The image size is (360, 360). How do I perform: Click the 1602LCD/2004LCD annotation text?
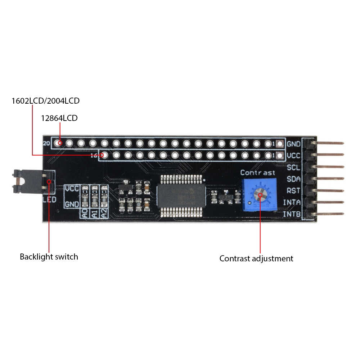pos(45,101)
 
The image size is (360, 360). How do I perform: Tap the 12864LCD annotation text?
pos(59,118)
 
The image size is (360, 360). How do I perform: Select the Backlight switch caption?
pos(49,257)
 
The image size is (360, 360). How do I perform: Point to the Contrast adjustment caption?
pos(256,258)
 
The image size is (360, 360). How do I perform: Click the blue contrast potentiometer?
pos(259,195)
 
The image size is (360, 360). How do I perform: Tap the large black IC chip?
pos(181,196)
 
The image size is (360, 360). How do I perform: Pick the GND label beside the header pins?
pos(293,144)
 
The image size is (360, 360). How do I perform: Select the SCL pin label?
pos(294,167)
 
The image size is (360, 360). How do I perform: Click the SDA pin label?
pos(294,179)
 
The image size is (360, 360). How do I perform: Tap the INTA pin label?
pos(292,202)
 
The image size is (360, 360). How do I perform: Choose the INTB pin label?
pos(292,214)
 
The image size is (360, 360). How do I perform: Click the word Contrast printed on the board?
pos(258,173)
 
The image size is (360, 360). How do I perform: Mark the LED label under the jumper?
pos(49,199)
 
